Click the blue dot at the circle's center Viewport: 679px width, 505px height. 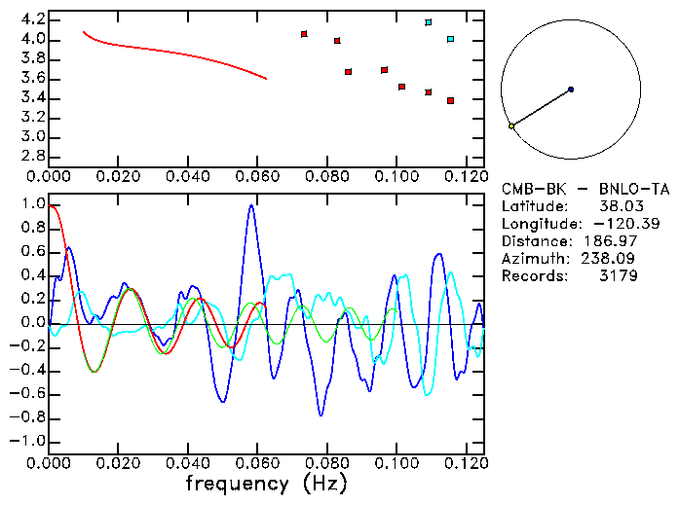point(570,90)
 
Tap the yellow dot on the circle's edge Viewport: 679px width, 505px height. point(510,126)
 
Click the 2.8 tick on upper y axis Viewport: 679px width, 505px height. point(32,156)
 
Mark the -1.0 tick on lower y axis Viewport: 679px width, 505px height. point(28,441)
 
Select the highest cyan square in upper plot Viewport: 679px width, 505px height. point(429,22)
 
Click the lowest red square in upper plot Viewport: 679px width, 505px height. point(450,100)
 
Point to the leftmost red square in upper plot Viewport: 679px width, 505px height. point(304,34)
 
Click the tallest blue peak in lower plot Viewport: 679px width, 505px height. point(251,205)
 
